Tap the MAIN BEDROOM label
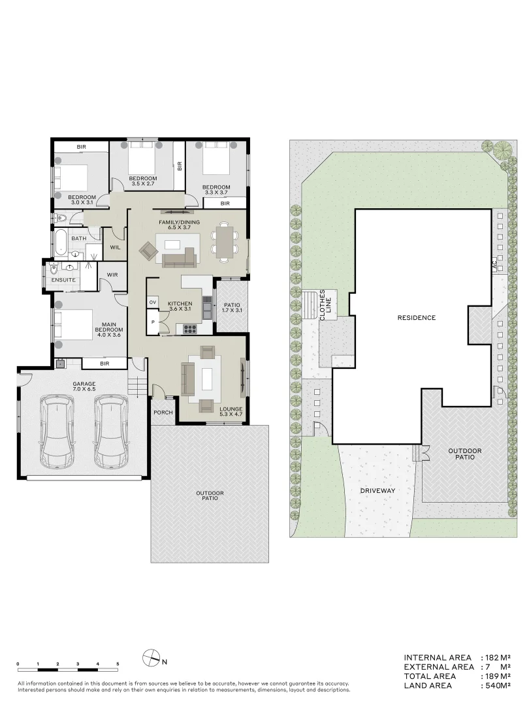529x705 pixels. [x=108, y=330]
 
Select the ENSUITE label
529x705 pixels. [x=64, y=280]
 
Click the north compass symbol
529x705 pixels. [x=152, y=659]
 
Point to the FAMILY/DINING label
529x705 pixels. [x=179, y=223]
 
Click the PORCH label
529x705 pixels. [x=163, y=413]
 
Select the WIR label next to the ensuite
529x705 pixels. [x=112, y=275]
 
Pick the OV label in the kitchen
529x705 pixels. [x=153, y=302]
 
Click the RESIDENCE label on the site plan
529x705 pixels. [x=416, y=318]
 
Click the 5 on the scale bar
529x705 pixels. [x=118, y=664]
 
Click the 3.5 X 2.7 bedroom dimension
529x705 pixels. [x=142, y=184]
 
